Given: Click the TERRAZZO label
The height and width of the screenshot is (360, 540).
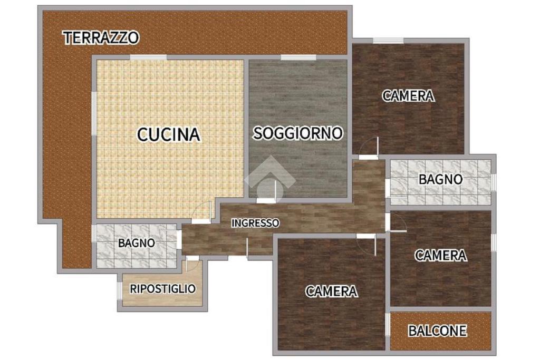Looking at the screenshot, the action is (x=101, y=38).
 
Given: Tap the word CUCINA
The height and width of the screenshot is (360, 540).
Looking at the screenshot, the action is (x=169, y=134).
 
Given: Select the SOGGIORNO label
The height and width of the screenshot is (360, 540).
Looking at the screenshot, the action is (x=298, y=133).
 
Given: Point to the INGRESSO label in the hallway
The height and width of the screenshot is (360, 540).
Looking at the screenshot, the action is (x=255, y=223).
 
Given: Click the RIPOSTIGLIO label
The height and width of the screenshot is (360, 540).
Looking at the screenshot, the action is (x=162, y=288).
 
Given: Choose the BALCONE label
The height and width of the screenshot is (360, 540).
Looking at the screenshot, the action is (x=437, y=330).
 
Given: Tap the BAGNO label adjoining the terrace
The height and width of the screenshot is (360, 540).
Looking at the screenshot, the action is (x=137, y=243).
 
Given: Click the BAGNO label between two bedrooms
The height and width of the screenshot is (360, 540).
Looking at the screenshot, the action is (x=440, y=179).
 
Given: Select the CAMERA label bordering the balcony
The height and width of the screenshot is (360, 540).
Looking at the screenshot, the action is (x=441, y=255).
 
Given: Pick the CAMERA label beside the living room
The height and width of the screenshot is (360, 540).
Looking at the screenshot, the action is (x=408, y=96).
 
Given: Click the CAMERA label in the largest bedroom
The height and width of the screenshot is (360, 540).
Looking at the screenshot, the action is (x=332, y=291).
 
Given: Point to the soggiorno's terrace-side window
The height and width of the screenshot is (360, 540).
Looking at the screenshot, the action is (x=298, y=57).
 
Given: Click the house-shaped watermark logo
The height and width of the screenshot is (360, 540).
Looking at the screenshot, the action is (x=270, y=176).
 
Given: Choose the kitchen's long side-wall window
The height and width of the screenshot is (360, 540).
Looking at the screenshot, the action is (x=94, y=113).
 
